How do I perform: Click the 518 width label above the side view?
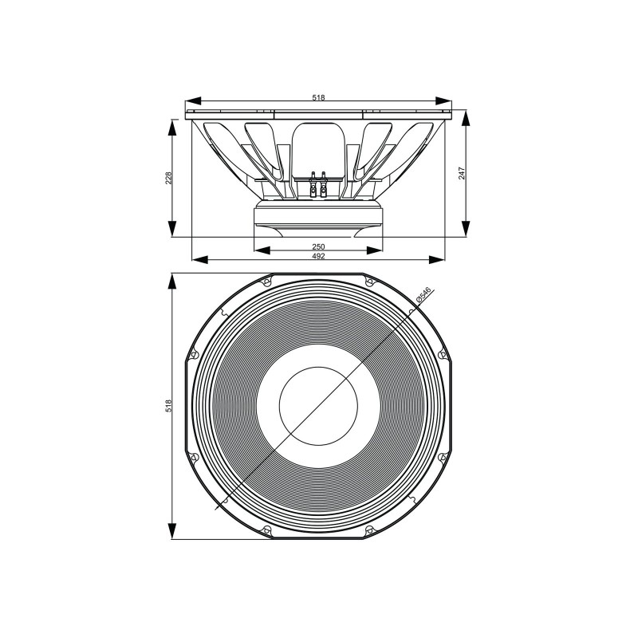pos(318,96)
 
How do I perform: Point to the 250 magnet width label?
pos(318,246)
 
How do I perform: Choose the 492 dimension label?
pos(318,255)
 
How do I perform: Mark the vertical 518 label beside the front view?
pos(168,406)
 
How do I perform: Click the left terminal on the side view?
pos(312,184)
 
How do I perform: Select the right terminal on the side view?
pos(325,184)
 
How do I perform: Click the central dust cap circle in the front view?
pos(318,406)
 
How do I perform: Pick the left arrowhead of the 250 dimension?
pos(260,250)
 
